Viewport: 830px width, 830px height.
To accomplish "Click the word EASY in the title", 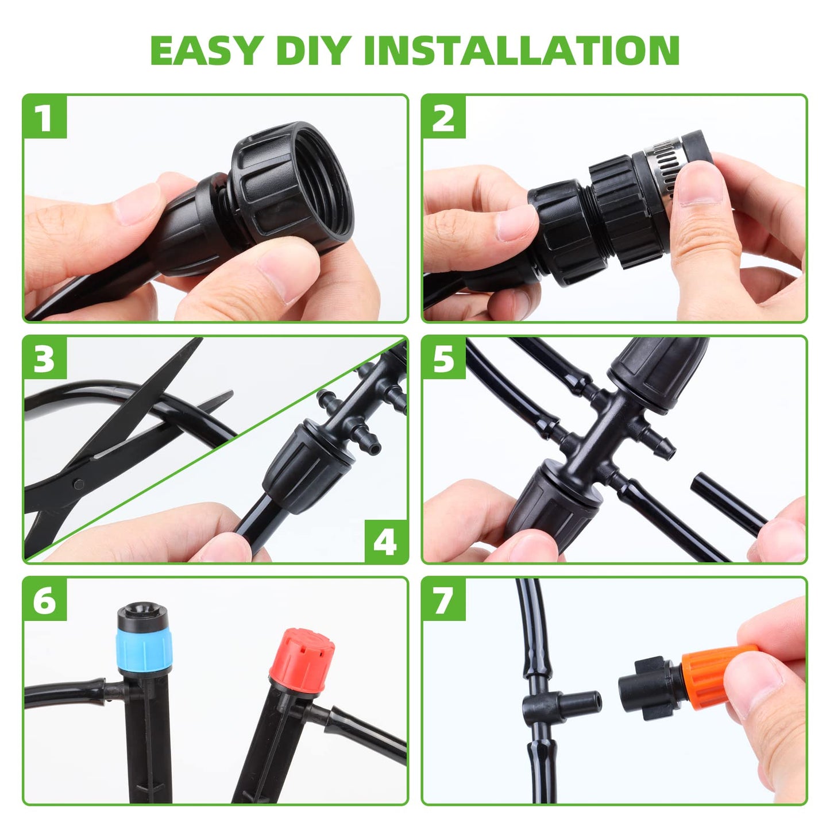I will [207, 51].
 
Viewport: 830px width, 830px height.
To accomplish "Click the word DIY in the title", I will [312, 51].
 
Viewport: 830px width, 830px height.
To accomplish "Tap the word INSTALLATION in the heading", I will [522, 51].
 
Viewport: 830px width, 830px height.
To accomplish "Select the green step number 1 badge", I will [45, 118].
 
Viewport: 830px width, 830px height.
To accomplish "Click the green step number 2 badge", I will [443, 118].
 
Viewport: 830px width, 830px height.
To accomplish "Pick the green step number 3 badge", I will [45, 359].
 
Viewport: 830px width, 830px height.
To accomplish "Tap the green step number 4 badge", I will [385, 541].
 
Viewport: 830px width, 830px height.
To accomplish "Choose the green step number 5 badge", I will [443, 359].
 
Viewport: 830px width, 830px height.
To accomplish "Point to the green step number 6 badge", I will [45, 600].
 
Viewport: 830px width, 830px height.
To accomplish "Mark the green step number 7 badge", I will [443, 600].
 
